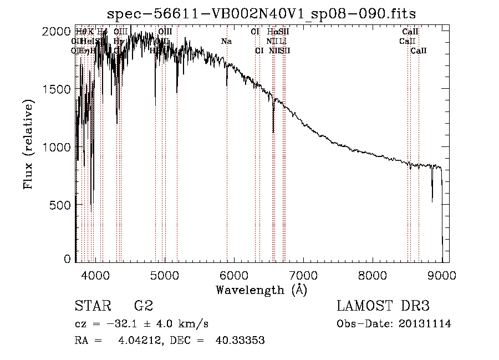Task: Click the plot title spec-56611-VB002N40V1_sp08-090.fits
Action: pyautogui.click(x=261, y=13)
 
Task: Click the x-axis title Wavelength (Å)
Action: pyautogui.click(x=261, y=290)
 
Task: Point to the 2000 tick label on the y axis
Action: pyautogui.click(x=58, y=32)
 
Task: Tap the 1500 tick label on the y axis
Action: pyautogui.click(x=58, y=89)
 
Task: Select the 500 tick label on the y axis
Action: pyautogui.click(x=61, y=205)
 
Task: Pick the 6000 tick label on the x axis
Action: pyautogui.click(x=234, y=275)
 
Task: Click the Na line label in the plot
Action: pyautogui.click(x=226, y=42)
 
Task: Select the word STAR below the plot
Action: pyautogui.click(x=91, y=306)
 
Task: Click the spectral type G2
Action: pyautogui.click(x=144, y=306)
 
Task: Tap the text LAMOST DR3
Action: pyautogui.click(x=383, y=306)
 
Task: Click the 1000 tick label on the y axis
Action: pyautogui.click(x=58, y=147)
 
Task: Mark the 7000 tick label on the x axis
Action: pyautogui.click(x=303, y=275)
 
